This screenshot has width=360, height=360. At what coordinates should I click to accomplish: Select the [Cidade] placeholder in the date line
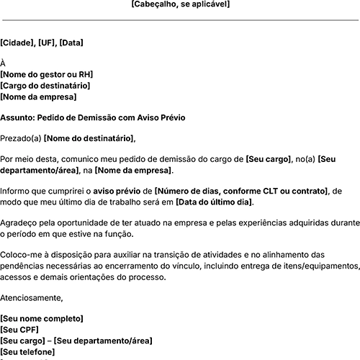pos(17,42)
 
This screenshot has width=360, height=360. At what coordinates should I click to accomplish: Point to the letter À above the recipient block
pos(3,63)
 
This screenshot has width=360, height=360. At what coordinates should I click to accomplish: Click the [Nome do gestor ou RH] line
pos(47,75)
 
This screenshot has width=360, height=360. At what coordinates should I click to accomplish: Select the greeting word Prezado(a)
pos(21,138)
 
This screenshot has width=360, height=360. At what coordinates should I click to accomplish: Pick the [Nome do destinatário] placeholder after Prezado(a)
pos(89,138)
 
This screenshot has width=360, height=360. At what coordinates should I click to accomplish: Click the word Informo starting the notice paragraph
pos(16,191)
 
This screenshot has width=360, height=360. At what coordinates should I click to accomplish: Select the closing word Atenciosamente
pos(32,297)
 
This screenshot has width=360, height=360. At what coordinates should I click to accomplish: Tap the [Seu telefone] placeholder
pos(27,351)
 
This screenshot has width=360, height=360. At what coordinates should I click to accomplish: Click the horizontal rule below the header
pos(180,20)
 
